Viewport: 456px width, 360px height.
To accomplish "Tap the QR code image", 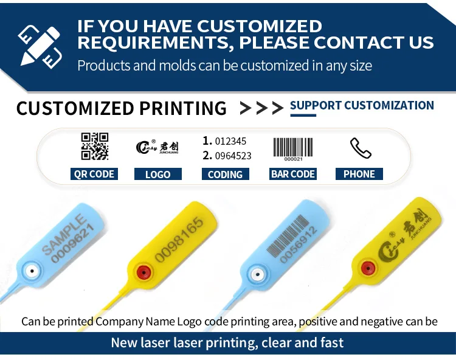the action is click(94, 146).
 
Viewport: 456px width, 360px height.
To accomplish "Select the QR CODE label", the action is click(94, 174).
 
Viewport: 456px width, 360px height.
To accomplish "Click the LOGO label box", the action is click(157, 174).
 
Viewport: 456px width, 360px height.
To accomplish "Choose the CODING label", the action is click(225, 174).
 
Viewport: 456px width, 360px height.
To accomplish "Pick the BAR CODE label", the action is click(293, 174).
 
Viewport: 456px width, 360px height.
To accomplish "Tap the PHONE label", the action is click(359, 174).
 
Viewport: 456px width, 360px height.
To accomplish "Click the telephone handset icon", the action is click(360, 148).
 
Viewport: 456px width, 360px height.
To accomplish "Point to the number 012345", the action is click(232, 141).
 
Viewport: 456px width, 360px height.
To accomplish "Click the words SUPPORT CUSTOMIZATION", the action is click(362, 105).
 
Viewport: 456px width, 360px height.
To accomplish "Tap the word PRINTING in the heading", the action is click(183, 108).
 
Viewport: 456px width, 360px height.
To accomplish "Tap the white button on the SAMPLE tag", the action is click(32, 274).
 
